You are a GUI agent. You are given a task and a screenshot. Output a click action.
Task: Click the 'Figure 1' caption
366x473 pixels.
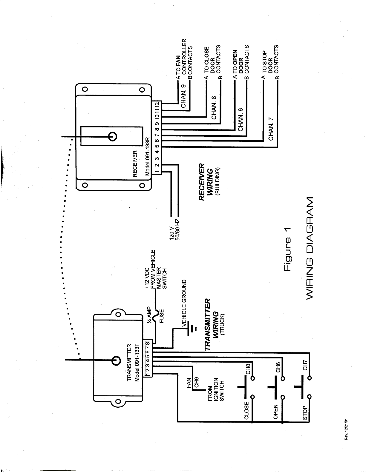287,249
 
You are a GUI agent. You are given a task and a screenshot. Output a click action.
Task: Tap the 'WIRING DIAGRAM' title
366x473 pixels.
310,248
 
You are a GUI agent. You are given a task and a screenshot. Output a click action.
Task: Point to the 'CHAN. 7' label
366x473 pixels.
271,129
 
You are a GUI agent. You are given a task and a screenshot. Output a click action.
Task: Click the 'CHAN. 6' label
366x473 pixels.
240,119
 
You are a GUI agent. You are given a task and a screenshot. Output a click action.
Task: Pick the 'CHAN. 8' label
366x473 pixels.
214,107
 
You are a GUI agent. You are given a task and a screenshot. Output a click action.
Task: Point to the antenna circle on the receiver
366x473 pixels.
113,136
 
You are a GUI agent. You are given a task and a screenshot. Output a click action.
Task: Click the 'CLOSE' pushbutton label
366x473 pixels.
246,411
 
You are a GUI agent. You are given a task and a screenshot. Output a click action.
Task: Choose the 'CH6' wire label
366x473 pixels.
278,367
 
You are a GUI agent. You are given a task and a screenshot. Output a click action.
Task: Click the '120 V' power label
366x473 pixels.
172,233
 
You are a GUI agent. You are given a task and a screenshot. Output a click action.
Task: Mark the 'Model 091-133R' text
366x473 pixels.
148,156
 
